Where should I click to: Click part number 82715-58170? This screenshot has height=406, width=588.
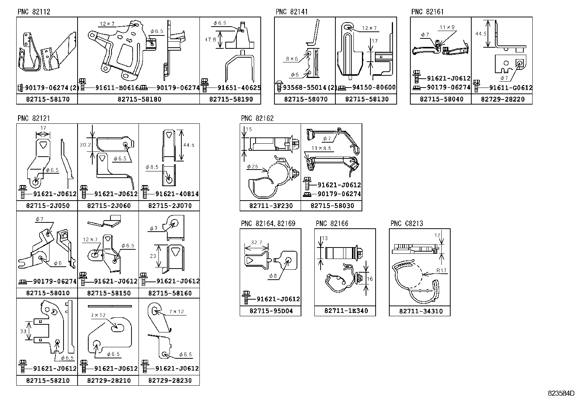pyautogui.click(x=47, y=99)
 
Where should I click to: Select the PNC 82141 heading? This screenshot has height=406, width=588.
pyautogui.click(x=291, y=12)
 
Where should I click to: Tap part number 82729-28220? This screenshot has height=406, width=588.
pyautogui.click(x=502, y=99)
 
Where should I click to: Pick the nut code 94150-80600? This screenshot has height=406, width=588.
pyautogui.click(x=373, y=88)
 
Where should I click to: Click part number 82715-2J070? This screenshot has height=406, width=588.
pyautogui.click(x=170, y=206)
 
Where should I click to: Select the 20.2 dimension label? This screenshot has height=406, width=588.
pyautogui.click(x=85, y=145)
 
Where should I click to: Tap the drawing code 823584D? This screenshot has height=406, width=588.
pyautogui.click(x=561, y=393)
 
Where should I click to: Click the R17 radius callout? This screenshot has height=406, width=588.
pyautogui.click(x=441, y=270)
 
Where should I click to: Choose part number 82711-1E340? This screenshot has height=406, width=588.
pyautogui.click(x=346, y=311)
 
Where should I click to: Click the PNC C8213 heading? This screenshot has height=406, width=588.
pyautogui.click(x=407, y=224)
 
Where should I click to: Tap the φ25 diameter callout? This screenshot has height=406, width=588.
pyautogui.click(x=252, y=167)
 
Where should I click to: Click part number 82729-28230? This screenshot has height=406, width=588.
pyautogui.click(x=170, y=381)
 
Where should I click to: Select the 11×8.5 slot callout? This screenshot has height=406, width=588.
pyautogui.click(x=321, y=149)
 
